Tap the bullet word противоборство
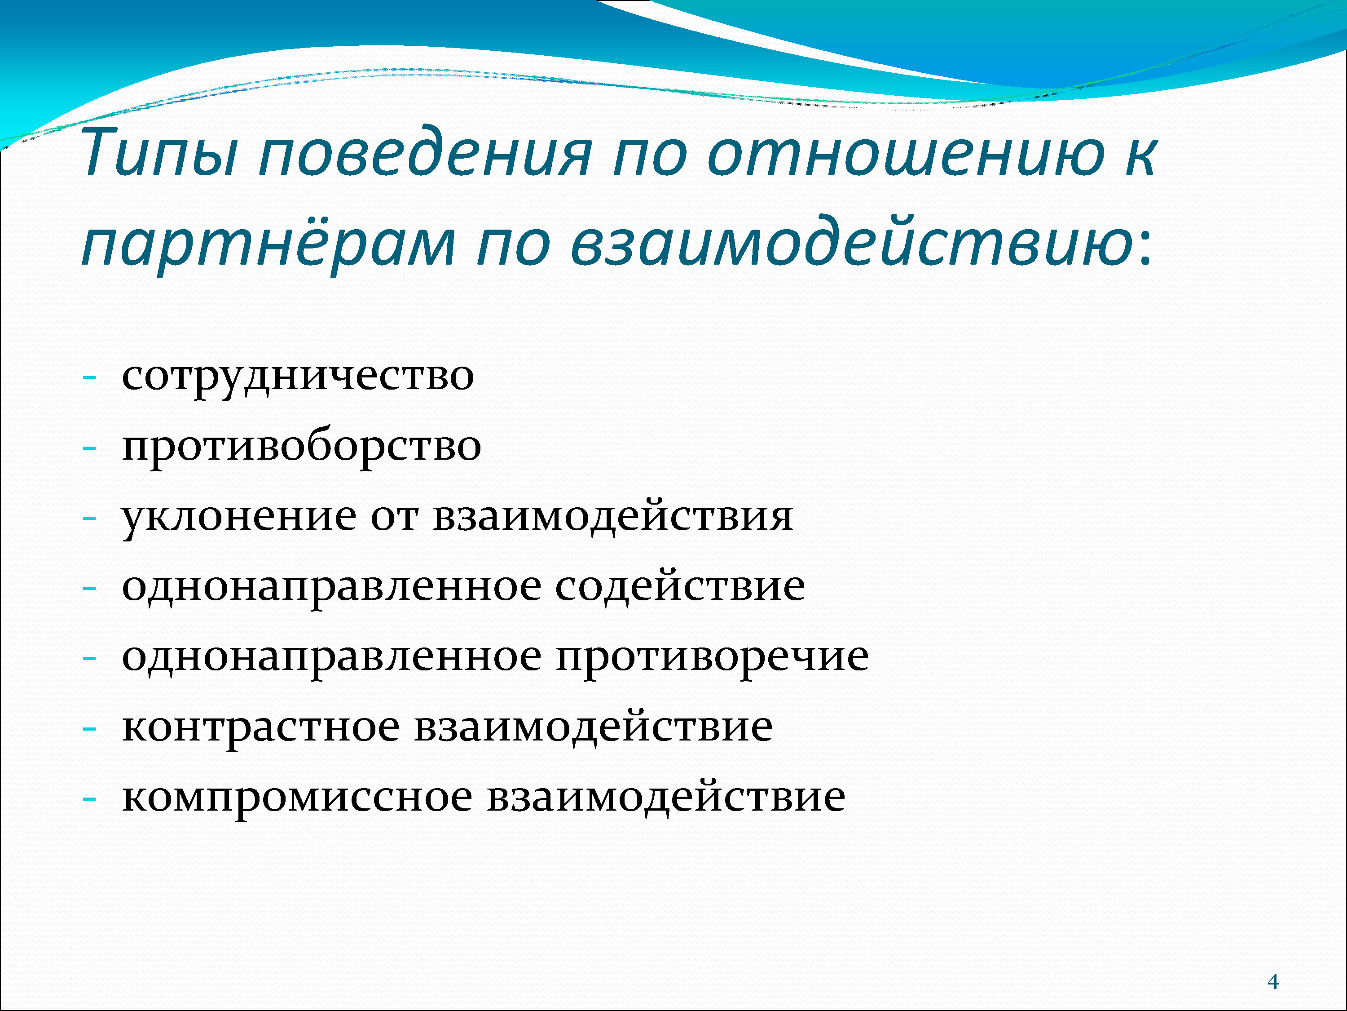(301, 447)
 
